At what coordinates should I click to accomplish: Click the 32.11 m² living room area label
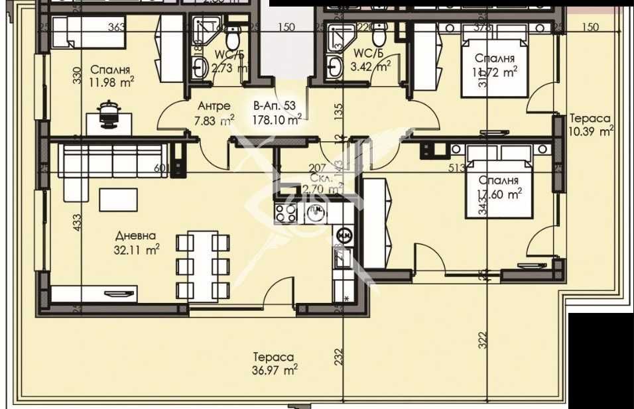137,250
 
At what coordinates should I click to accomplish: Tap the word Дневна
135,236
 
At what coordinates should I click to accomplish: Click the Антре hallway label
214,106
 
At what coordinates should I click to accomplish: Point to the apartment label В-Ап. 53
274,105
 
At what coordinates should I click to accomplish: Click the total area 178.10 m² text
277,119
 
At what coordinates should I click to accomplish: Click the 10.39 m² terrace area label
591,131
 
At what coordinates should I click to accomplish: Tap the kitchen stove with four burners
286,213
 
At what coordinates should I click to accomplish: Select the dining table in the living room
203,266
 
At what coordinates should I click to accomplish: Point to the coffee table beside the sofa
119,198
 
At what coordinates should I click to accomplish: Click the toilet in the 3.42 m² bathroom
379,32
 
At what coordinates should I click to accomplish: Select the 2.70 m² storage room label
321,188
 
